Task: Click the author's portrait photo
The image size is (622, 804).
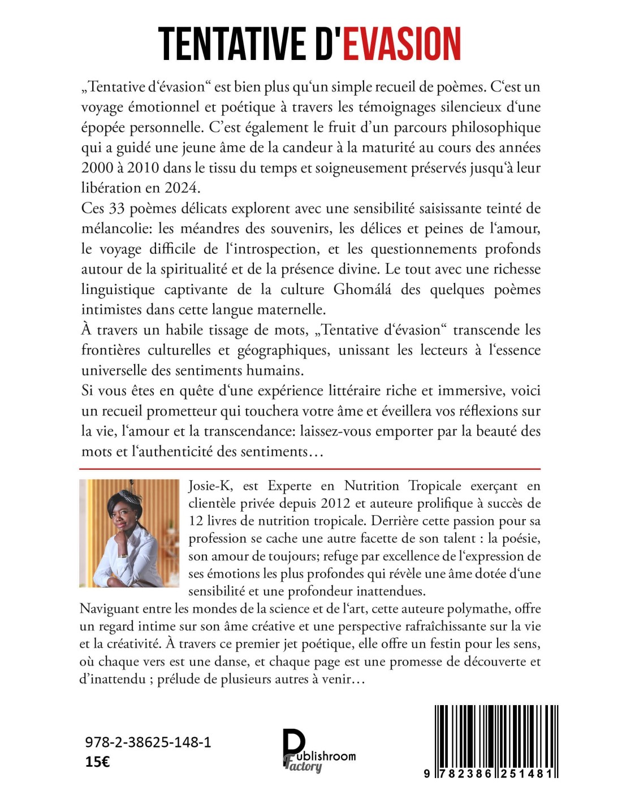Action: [129, 533]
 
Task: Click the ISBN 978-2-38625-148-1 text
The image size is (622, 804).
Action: [148, 742]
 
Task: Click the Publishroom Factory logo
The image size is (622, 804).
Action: [318, 750]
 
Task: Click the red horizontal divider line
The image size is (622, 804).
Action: [310, 469]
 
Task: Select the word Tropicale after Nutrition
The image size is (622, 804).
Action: [430, 485]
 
